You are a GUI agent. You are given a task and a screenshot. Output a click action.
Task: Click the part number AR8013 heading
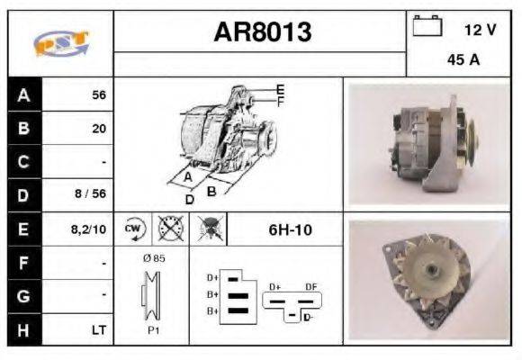pos(262,32)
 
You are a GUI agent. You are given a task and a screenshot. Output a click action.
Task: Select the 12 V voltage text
pos(479,30)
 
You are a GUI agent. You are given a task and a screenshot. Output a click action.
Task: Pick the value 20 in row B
pos(98,129)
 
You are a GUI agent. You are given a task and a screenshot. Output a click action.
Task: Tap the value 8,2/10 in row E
pos(89,229)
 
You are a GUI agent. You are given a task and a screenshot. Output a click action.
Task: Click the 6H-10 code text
pos(290,229)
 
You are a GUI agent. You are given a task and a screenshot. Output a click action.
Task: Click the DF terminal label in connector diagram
pos(312,286)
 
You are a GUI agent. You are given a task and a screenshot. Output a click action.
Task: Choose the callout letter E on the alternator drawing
pos(280,89)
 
